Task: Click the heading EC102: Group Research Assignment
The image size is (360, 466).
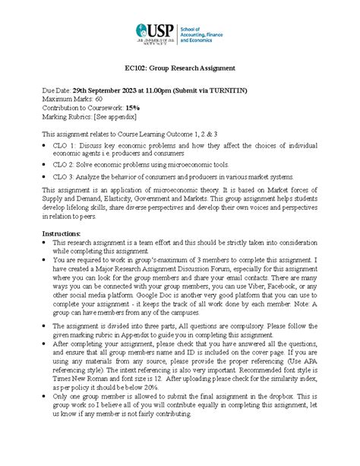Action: pyautogui.click(x=179, y=68)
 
